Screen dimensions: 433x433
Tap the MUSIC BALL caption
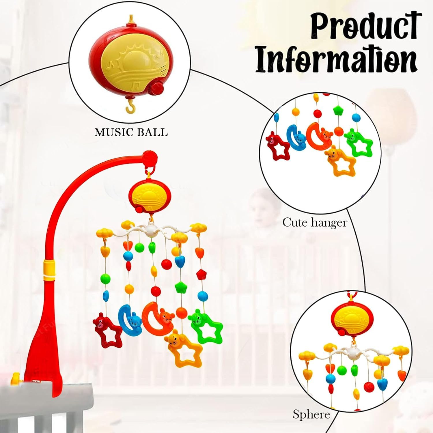(x=131, y=132)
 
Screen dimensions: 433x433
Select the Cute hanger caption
(x=314, y=223)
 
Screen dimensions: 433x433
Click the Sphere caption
(x=311, y=414)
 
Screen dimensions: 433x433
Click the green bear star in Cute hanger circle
(x=358, y=143)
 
